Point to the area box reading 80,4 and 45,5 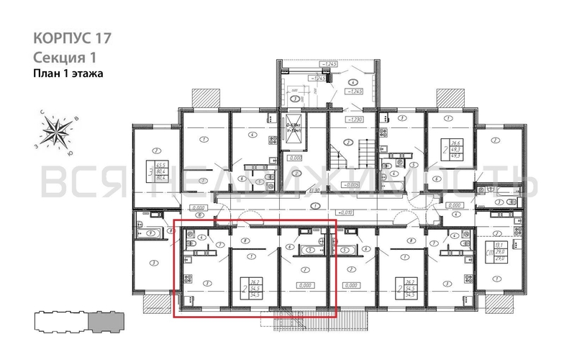(153, 171)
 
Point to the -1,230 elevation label (354, 120)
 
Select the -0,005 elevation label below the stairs (351, 185)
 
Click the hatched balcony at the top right (448, 98)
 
